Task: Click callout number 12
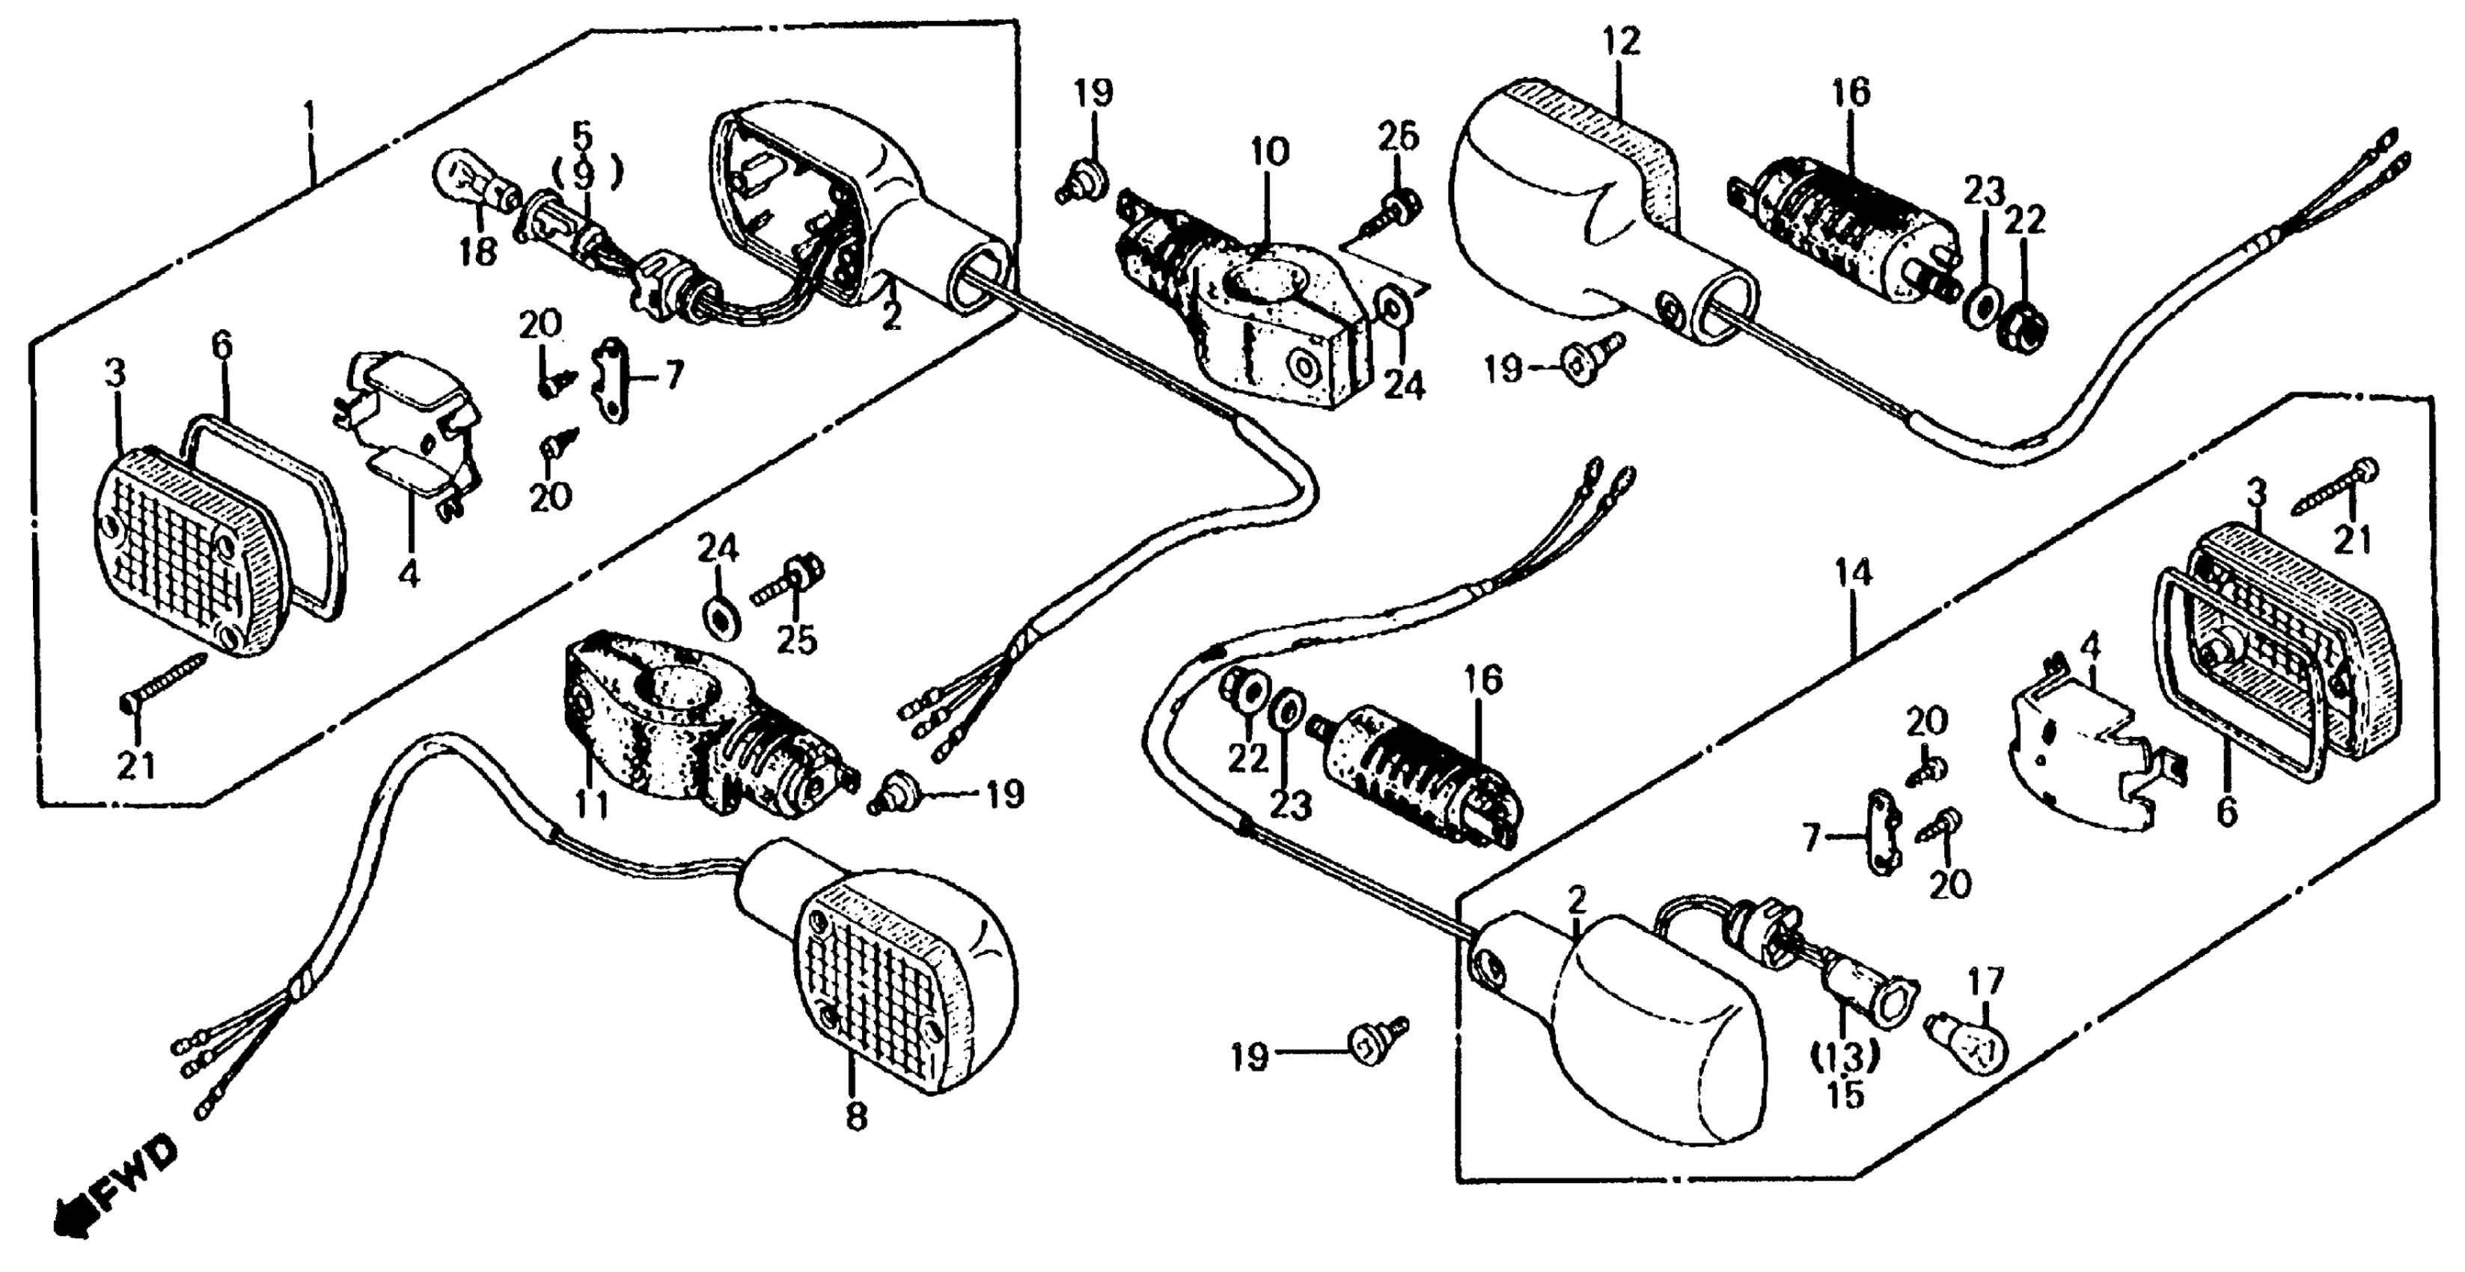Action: point(1621,41)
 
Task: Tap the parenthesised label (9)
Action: point(586,174)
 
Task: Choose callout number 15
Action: point(1845,1095)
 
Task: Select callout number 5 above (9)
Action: point(583,133)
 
